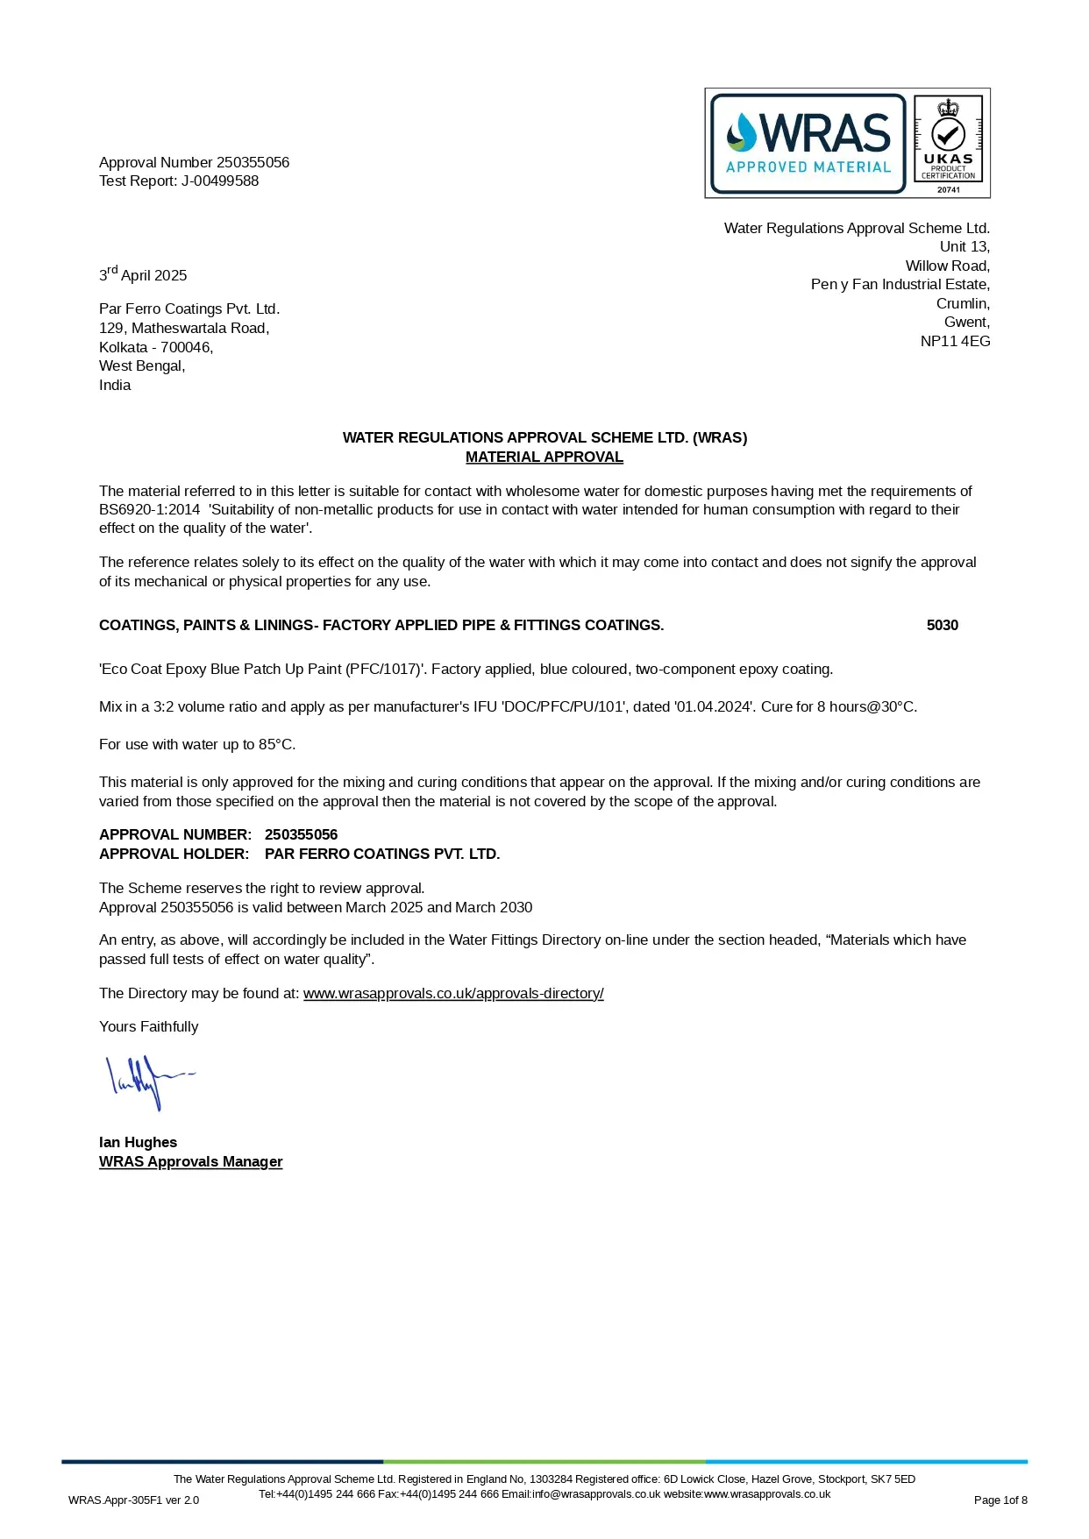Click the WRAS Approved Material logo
tap(808, 144)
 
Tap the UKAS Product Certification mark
tap(948, 144)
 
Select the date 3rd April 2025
tap(143, 275)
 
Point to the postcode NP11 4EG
tap(955, 342)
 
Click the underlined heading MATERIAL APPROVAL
tap(544, 457)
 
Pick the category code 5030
tap(942, 626)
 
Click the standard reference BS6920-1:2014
tap(149, 510)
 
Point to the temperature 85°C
tap(276, 745)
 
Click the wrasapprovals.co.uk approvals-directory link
tap(453, 994)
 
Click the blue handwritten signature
tap(145, 1082)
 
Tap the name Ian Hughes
tap(138, 1143)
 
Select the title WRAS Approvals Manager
tap(190, 1162)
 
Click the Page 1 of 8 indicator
tap(1000, 1500)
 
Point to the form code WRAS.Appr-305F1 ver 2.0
tap(133, 1500)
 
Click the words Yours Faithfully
tap(148, 1027)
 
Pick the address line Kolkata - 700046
tap(156, 348)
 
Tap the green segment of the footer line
tap(544, 1462)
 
